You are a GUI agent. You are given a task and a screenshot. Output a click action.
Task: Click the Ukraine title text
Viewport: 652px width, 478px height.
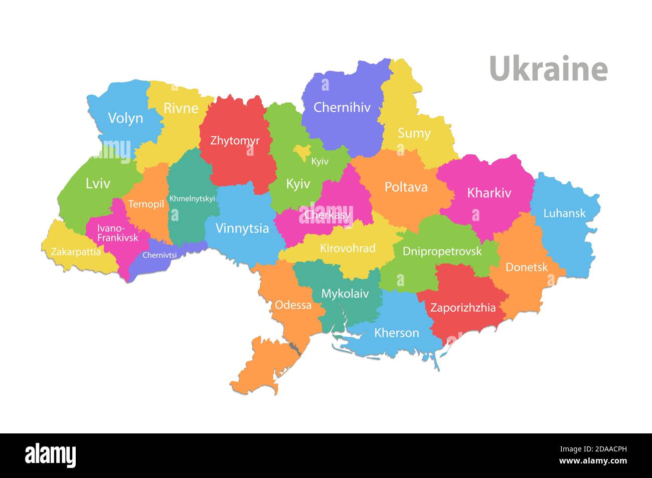(x=548, y=69)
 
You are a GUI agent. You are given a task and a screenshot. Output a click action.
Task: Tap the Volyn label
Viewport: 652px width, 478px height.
(x=125, y=118)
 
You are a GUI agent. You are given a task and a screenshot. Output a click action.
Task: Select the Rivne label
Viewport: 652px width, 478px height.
(x=181, y=108)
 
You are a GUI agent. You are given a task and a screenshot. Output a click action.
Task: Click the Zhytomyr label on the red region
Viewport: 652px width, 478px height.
(x=235, y=141)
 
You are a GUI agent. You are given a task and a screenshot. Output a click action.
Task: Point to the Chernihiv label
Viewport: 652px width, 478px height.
(x=342, y=107)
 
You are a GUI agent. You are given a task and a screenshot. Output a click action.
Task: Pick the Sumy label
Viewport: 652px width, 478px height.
(x=414, y=133)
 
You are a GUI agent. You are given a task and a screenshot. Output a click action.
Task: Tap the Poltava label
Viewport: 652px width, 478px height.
(x=406, y=187)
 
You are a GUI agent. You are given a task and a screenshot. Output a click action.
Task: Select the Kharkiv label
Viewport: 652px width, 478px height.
(x=488, y=193)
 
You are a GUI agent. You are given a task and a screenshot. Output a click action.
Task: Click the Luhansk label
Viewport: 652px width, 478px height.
(x=564, y=213)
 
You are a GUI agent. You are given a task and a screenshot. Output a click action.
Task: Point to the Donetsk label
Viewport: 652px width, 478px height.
(x=526, y=267)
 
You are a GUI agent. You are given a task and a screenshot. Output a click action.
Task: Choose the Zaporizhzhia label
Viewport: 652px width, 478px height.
(x=462, y=308)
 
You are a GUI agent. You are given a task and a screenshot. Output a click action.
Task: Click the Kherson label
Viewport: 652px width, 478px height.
(x=396, y=333)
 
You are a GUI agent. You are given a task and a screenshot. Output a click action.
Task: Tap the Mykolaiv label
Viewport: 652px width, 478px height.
(x=345, y=294)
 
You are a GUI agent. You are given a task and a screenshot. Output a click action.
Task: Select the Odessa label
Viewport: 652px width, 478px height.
(x=293, y=305)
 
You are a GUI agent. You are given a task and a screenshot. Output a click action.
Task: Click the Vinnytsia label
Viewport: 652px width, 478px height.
(x=242, y=228)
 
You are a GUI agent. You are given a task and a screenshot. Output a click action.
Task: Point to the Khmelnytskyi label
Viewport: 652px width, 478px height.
(x=192, y=199)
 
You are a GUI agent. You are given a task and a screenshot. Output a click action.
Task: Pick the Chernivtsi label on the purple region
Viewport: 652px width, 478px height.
(x=159, y=255)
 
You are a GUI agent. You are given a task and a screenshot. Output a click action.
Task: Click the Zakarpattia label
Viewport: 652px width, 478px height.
(x=76, y=252)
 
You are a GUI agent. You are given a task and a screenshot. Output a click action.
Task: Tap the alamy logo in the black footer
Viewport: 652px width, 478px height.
(x=50, y=455)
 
